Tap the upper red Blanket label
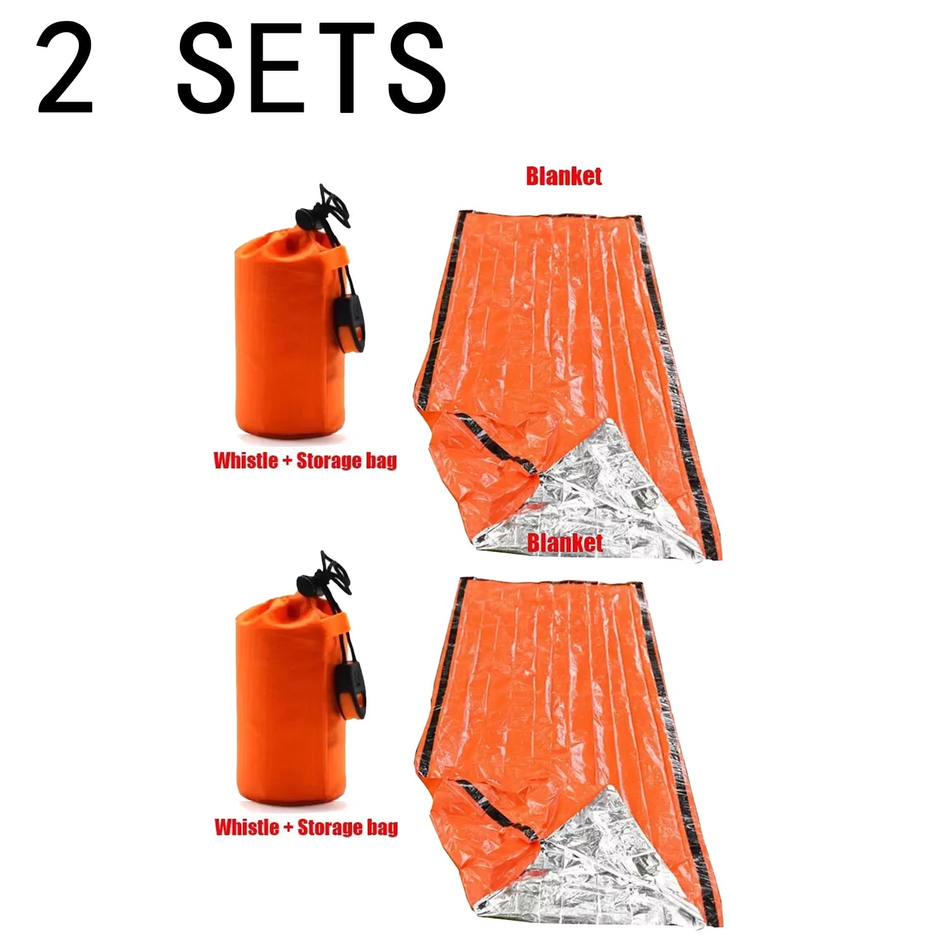(x=564, y=176)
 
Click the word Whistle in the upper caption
(x=246, y=460)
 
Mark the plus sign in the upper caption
(x=287, y=462)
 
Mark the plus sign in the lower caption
(x=287, y=828)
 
